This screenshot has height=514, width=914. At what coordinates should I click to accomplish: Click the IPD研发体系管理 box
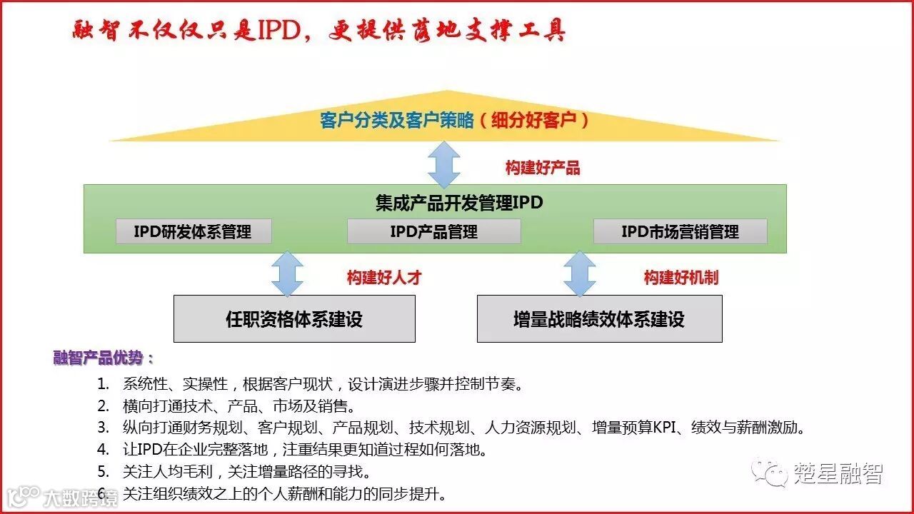[193, 231]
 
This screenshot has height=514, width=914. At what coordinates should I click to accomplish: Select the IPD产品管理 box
[433, 231]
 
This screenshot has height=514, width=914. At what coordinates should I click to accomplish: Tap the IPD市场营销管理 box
[680, 231]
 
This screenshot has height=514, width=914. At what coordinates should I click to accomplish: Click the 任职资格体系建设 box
[294, 318]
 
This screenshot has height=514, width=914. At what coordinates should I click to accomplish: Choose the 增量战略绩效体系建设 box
[599, 318]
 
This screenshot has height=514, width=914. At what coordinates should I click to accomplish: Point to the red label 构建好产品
[543, 168]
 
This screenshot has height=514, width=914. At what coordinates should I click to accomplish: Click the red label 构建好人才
[384, 278]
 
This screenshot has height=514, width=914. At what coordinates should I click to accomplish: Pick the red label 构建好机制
[681, 278]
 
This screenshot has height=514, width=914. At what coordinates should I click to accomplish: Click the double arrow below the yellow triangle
[444, 164]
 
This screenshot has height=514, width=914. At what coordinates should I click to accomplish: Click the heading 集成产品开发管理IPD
[459, 203]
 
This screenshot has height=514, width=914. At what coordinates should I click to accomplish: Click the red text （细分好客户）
[535, 120]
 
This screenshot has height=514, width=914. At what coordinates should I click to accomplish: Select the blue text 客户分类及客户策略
[397, 120]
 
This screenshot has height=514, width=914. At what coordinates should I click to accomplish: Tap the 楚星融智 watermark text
[838, 473]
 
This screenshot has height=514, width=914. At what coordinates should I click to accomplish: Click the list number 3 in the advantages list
[104, 428]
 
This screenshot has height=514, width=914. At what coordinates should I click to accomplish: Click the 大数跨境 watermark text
[80, 496]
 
